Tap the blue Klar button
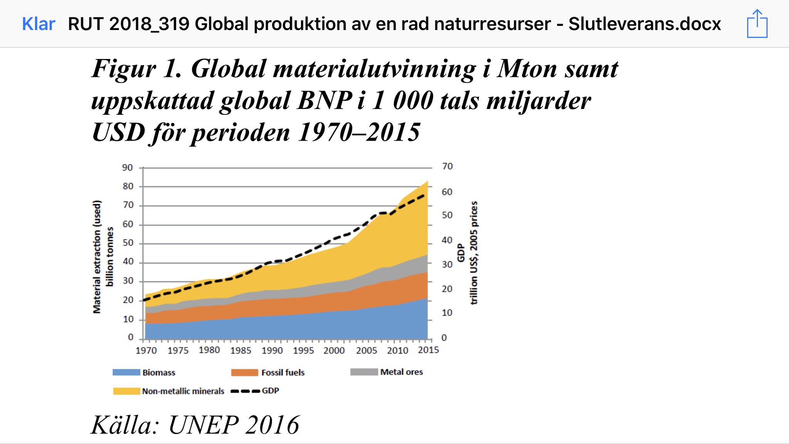coord(39,24)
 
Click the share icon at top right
coord(757,24)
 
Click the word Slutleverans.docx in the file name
coord(645,24)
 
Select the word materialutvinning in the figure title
coord(374,69)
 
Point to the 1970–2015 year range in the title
coord(359,132)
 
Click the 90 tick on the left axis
coord(128,168)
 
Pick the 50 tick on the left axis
coord(128,243)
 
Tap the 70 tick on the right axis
coord(447,166)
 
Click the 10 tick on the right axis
coord(447,313)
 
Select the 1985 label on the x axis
coord(241,350)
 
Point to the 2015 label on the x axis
coord(428,350)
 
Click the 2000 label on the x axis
coord(334,350)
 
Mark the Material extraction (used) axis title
coord(97,257)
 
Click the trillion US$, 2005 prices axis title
coord(474,253)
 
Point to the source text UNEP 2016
coord(234,425)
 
